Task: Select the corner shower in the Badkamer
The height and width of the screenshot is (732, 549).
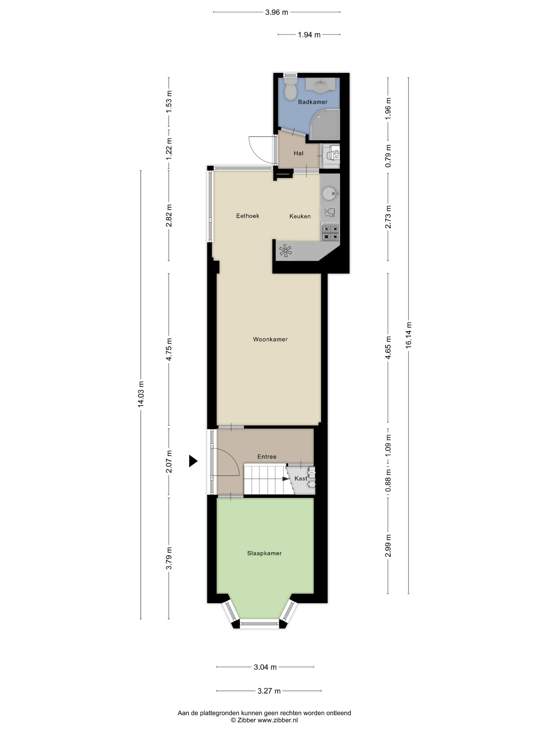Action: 325,124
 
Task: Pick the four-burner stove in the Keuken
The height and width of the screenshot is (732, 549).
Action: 330,232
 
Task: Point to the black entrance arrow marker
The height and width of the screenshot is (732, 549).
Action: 193,461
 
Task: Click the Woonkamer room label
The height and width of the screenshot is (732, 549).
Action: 270,339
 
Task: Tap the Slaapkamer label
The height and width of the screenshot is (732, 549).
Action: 264,553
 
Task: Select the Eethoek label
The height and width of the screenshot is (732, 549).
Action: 248,216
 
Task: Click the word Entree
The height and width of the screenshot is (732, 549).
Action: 267,457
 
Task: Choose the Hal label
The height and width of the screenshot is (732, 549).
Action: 299,153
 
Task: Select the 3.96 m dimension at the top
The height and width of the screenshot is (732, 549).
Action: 277,12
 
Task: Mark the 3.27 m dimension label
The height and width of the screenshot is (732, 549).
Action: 269,691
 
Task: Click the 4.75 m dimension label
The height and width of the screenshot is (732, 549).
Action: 169,349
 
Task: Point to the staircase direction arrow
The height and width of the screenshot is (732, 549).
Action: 285,478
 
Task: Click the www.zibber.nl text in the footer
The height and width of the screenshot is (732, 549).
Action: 278,720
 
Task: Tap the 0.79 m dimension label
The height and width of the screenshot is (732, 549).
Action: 388,156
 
